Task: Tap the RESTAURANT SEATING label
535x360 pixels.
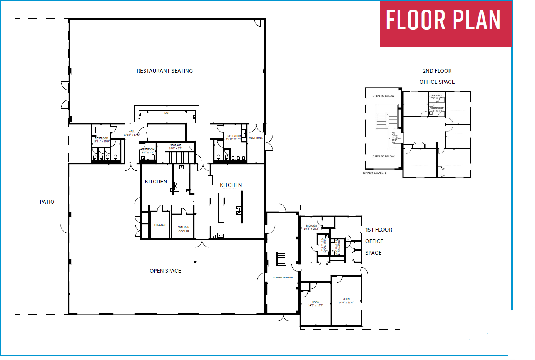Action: [165, 71]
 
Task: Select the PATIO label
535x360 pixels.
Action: [47, 202]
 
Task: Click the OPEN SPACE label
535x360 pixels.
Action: [165, 271]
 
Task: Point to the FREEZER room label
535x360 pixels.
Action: [160, 225]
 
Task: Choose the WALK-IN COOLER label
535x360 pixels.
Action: [184, 229]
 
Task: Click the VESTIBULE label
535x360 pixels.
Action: [256, 138]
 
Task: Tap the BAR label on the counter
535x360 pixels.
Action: [167, 113]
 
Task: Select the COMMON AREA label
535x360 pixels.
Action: [283, 277]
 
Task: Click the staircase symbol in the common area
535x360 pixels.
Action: [281, 258]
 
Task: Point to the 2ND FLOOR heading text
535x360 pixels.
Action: [437, 71]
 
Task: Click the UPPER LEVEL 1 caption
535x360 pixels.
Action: [374, 173]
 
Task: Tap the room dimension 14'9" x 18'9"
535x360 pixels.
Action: [316, 305]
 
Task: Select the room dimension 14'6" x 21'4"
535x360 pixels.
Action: [346, 302]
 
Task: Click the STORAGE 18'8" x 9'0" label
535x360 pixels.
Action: [176, 147]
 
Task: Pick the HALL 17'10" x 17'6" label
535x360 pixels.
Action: [131, 133]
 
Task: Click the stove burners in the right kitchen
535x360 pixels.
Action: [239, 210]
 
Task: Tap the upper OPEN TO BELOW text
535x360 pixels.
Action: [383, 96]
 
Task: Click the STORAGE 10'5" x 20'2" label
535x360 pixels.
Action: [311, 227]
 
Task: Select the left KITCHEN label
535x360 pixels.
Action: [156, 182]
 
